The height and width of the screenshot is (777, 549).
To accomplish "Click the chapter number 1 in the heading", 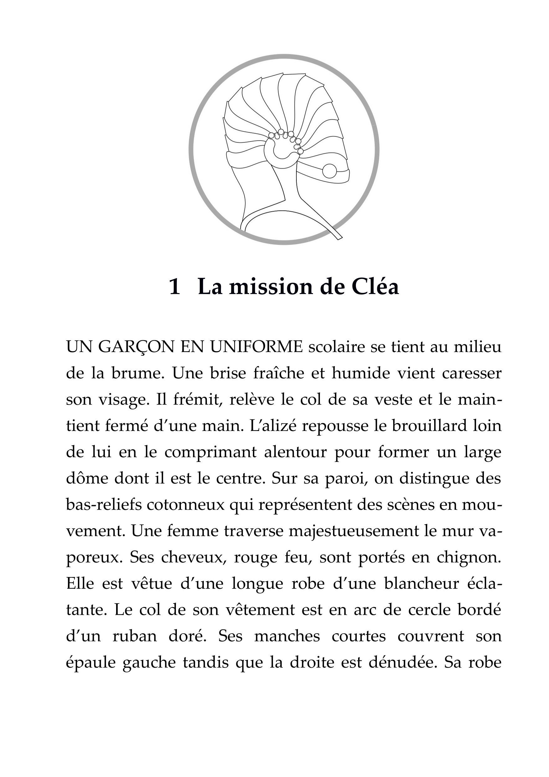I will pyautogui.click(x=174, y=287).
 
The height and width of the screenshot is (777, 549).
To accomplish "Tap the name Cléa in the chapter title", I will pyautogui.click(x=376, y=287).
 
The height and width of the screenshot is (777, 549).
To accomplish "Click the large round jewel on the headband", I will pyautogui.click(x=330, y=171).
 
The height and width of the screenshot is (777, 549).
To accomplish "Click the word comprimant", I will pyautogui.click(x=210, y=453).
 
